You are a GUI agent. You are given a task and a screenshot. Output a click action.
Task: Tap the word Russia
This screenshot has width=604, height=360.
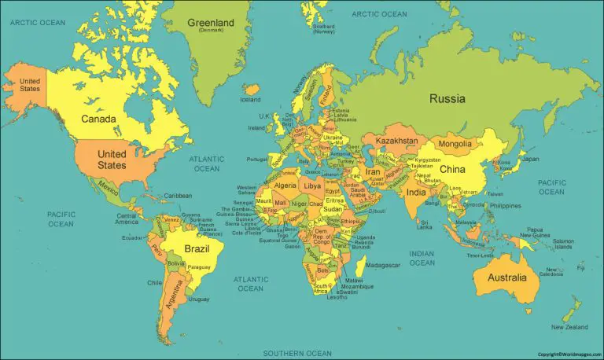[447, 99]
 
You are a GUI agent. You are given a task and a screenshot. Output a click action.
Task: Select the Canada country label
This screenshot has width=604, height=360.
[99, 119]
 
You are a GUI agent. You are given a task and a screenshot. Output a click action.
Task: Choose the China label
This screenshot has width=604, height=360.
[452, 169]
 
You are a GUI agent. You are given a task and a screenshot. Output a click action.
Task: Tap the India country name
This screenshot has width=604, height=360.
[415, 192]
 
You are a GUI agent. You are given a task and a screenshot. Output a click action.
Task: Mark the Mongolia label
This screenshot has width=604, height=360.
[455, 144]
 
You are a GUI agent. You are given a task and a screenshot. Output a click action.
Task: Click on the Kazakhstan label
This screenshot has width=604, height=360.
[396, 141]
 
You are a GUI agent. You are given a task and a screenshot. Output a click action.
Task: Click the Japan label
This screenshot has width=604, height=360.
[531, 159]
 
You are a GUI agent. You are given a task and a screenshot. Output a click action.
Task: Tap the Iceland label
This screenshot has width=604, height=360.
[250, 100]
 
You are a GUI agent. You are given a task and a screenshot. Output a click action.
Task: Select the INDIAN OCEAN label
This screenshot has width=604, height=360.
[422, 258]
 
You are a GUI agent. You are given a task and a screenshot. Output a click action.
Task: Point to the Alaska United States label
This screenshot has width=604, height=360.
[30, 85]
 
